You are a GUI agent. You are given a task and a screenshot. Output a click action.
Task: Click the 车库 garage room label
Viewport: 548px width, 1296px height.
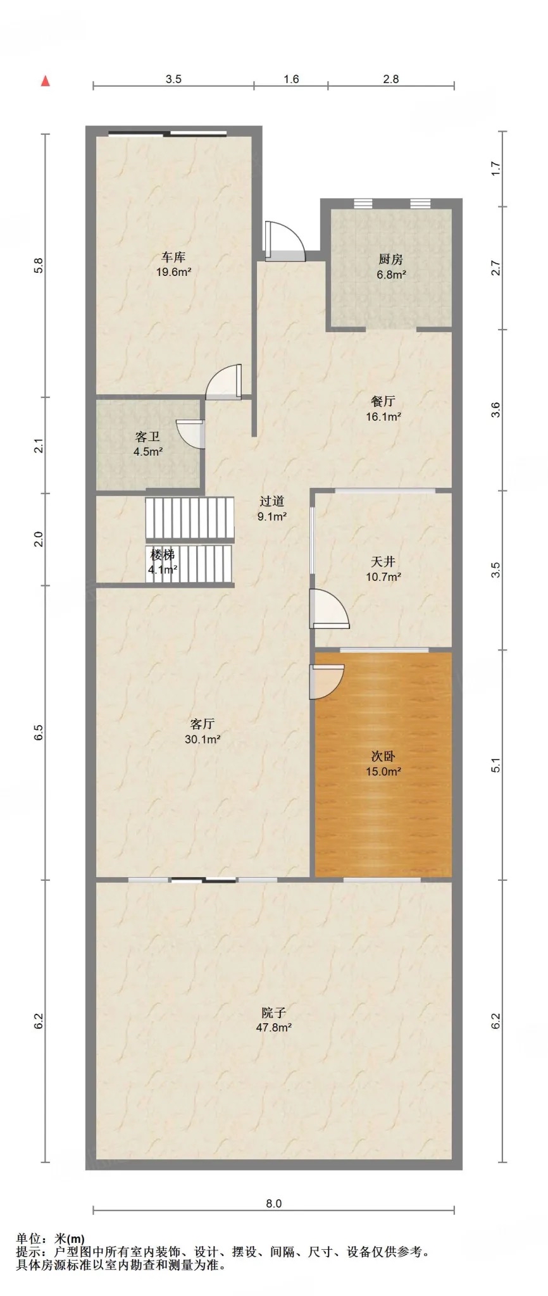(173, 258)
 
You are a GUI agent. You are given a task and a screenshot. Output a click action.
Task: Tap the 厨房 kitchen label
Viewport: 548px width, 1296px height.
(391, 259)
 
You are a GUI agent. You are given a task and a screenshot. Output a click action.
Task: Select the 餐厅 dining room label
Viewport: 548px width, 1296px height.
(383, 401)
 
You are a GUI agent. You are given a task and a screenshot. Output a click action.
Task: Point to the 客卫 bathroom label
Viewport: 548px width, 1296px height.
(147, 437)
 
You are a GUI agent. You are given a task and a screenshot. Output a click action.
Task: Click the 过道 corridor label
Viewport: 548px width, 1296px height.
(272, 501)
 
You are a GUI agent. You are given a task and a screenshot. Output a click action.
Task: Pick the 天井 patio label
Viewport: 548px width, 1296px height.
(383, 561)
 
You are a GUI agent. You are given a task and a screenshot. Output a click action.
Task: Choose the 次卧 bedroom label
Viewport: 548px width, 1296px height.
(383, 756)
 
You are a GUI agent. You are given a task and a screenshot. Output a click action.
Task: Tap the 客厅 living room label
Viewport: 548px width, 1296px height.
(202, 724)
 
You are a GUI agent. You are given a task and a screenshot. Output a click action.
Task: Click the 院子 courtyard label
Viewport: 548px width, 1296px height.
(273, 1012)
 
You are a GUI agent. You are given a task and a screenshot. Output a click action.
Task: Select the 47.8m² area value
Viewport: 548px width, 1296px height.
(273, 1028)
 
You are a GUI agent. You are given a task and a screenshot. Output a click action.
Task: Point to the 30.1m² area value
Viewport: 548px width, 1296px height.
(202, 739)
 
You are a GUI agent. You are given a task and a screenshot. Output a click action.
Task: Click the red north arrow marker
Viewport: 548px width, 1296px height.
(45, 81)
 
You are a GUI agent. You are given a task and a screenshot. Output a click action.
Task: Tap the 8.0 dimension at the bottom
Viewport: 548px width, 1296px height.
(273, 1204)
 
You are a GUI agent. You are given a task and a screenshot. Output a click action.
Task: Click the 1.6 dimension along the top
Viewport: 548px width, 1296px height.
(291, 79)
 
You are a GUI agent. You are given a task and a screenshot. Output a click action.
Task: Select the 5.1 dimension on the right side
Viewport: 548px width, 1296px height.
(496, 764)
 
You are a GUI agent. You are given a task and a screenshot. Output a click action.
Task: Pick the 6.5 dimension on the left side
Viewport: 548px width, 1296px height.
(39, 733)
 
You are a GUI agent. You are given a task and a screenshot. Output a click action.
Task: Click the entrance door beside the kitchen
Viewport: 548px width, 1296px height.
(284, 241)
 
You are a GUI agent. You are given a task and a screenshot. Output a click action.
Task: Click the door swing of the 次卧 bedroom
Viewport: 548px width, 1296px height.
(327, 682)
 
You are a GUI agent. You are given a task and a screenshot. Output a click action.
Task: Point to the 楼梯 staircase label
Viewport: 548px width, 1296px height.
(163, 555)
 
